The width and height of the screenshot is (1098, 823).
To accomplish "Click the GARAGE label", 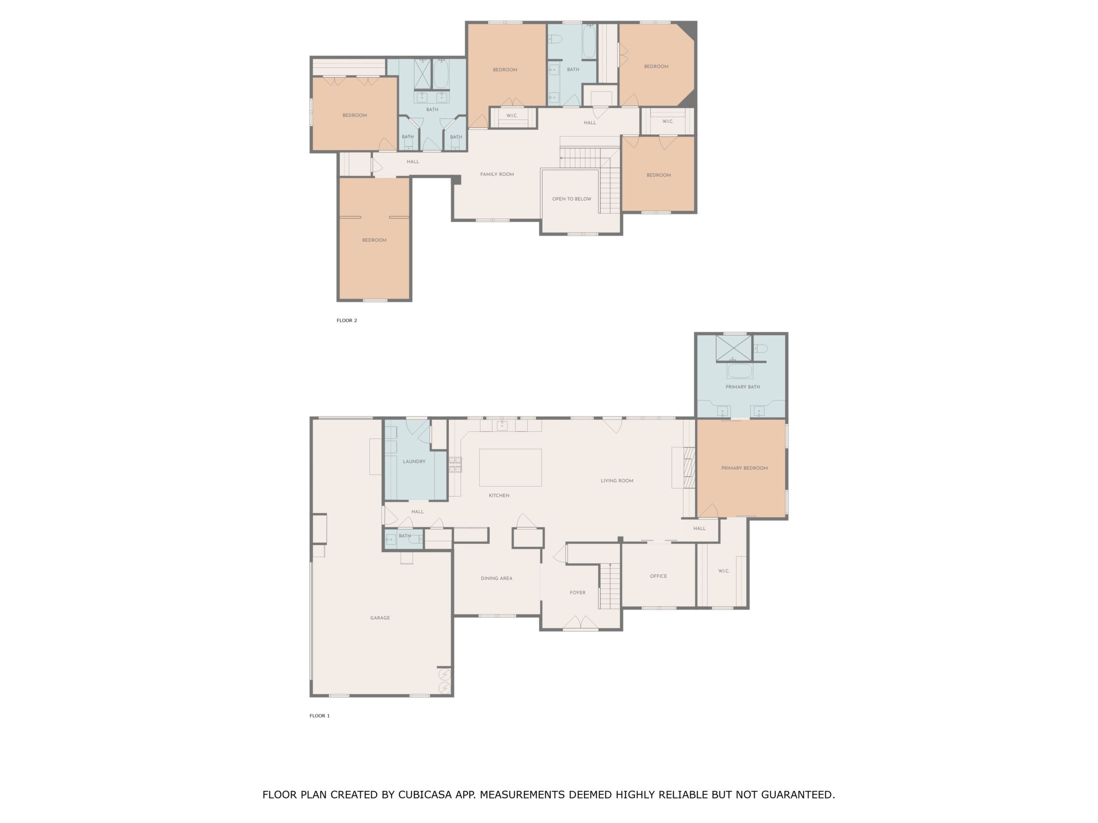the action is [380, 618].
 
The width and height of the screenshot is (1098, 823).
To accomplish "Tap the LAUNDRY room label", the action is [414, 461].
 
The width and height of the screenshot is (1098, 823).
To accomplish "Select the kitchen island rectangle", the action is [510, 467].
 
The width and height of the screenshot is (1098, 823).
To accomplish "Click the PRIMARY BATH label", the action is [743, 387].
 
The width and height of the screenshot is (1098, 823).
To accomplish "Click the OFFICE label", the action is [658, 576].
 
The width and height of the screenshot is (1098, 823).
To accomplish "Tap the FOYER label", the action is [577, 592].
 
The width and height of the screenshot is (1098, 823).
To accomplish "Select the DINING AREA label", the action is [496, 579].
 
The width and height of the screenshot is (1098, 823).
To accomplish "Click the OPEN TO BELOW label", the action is [572, 199].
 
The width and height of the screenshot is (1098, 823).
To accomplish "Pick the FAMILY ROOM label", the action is [497, 174].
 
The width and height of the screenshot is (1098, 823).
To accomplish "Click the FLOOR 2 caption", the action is [347, 320].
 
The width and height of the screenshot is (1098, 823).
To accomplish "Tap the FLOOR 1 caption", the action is [319, 716].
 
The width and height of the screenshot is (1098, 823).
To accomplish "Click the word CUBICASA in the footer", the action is [425, 794].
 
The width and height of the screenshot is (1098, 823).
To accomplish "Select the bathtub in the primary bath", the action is [739, 371].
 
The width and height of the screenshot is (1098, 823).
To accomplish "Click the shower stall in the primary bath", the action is [733, 348].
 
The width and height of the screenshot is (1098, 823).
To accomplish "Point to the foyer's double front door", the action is [580, 623].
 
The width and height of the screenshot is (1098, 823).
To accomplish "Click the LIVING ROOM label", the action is [617, 481].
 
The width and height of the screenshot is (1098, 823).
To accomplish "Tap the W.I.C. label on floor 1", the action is [724, 571].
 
